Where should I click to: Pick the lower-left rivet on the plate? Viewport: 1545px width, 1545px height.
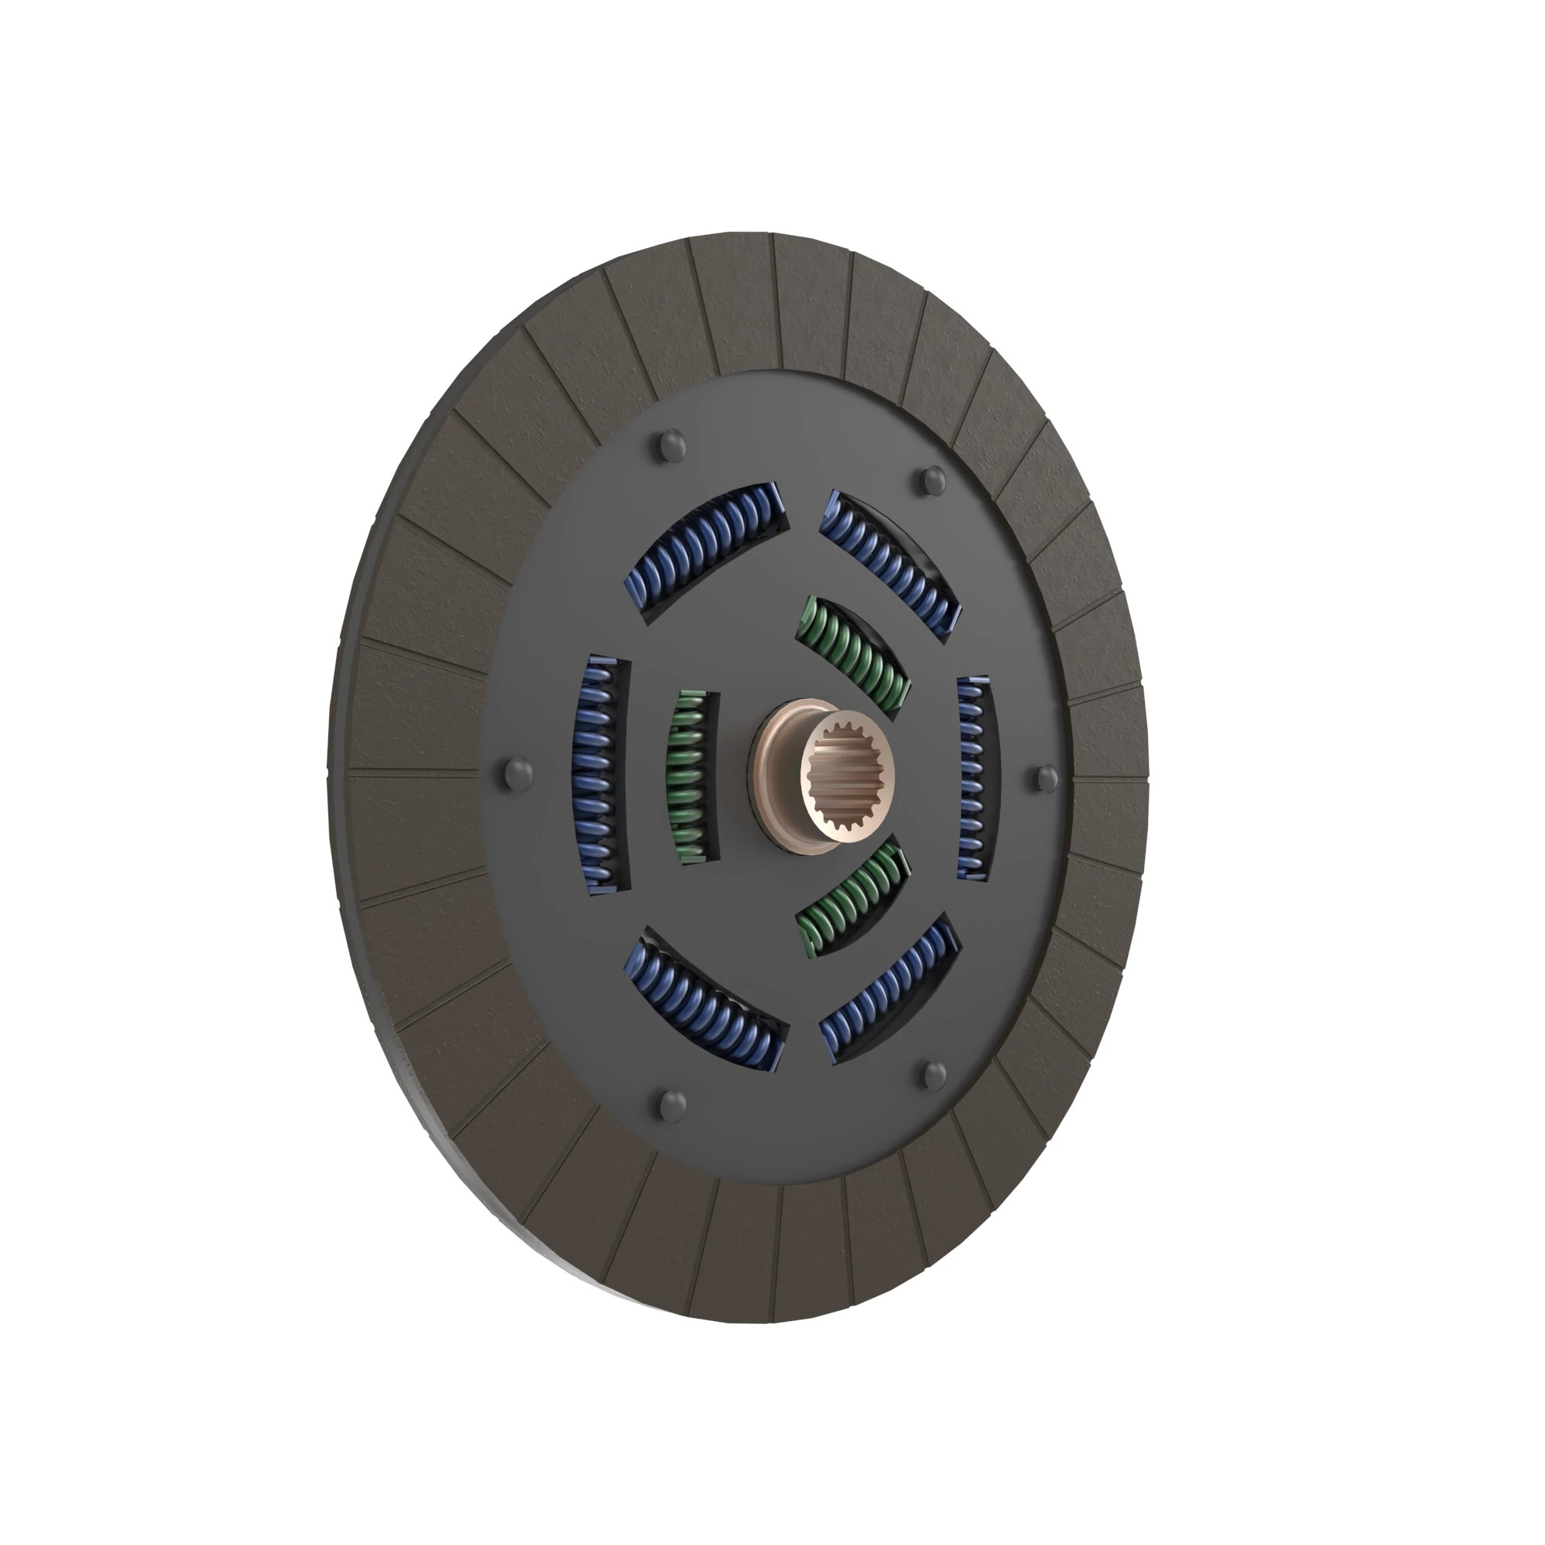(x=672, y=1105)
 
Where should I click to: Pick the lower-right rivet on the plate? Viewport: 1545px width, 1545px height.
(x=933, y=1075)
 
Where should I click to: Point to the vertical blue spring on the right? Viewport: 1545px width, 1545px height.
(x=973, y=778)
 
